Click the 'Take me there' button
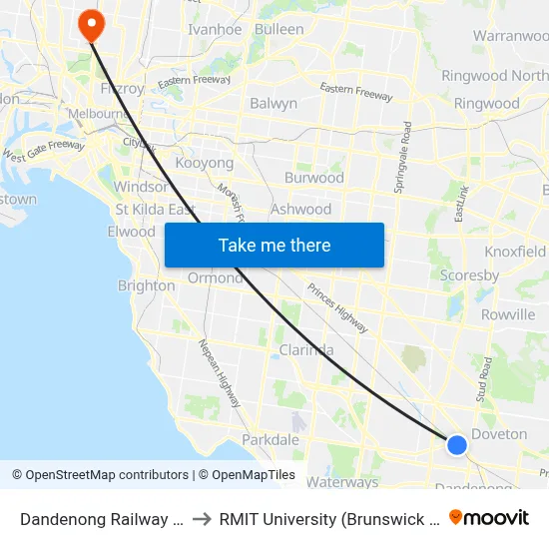[x=274, y=245]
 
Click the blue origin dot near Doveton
[x=456, y=445]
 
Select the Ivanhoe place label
[x=215, y=29]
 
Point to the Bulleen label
[x=279, y=29]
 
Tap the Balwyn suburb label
[x=274, y=103]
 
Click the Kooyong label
[x=204, y=163]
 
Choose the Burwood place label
[x=314, y=178]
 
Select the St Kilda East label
[x=155, y=210]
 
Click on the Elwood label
[x=132, y=232]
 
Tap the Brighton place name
[x=146, y=285]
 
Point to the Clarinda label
[x=306, y=350]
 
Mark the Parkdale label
[x=271, y=439]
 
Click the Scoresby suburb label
[x=469, y=274]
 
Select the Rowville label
[x=508, y=314]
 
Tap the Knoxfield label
[x=515, y=252]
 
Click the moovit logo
[x=489, y=517]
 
